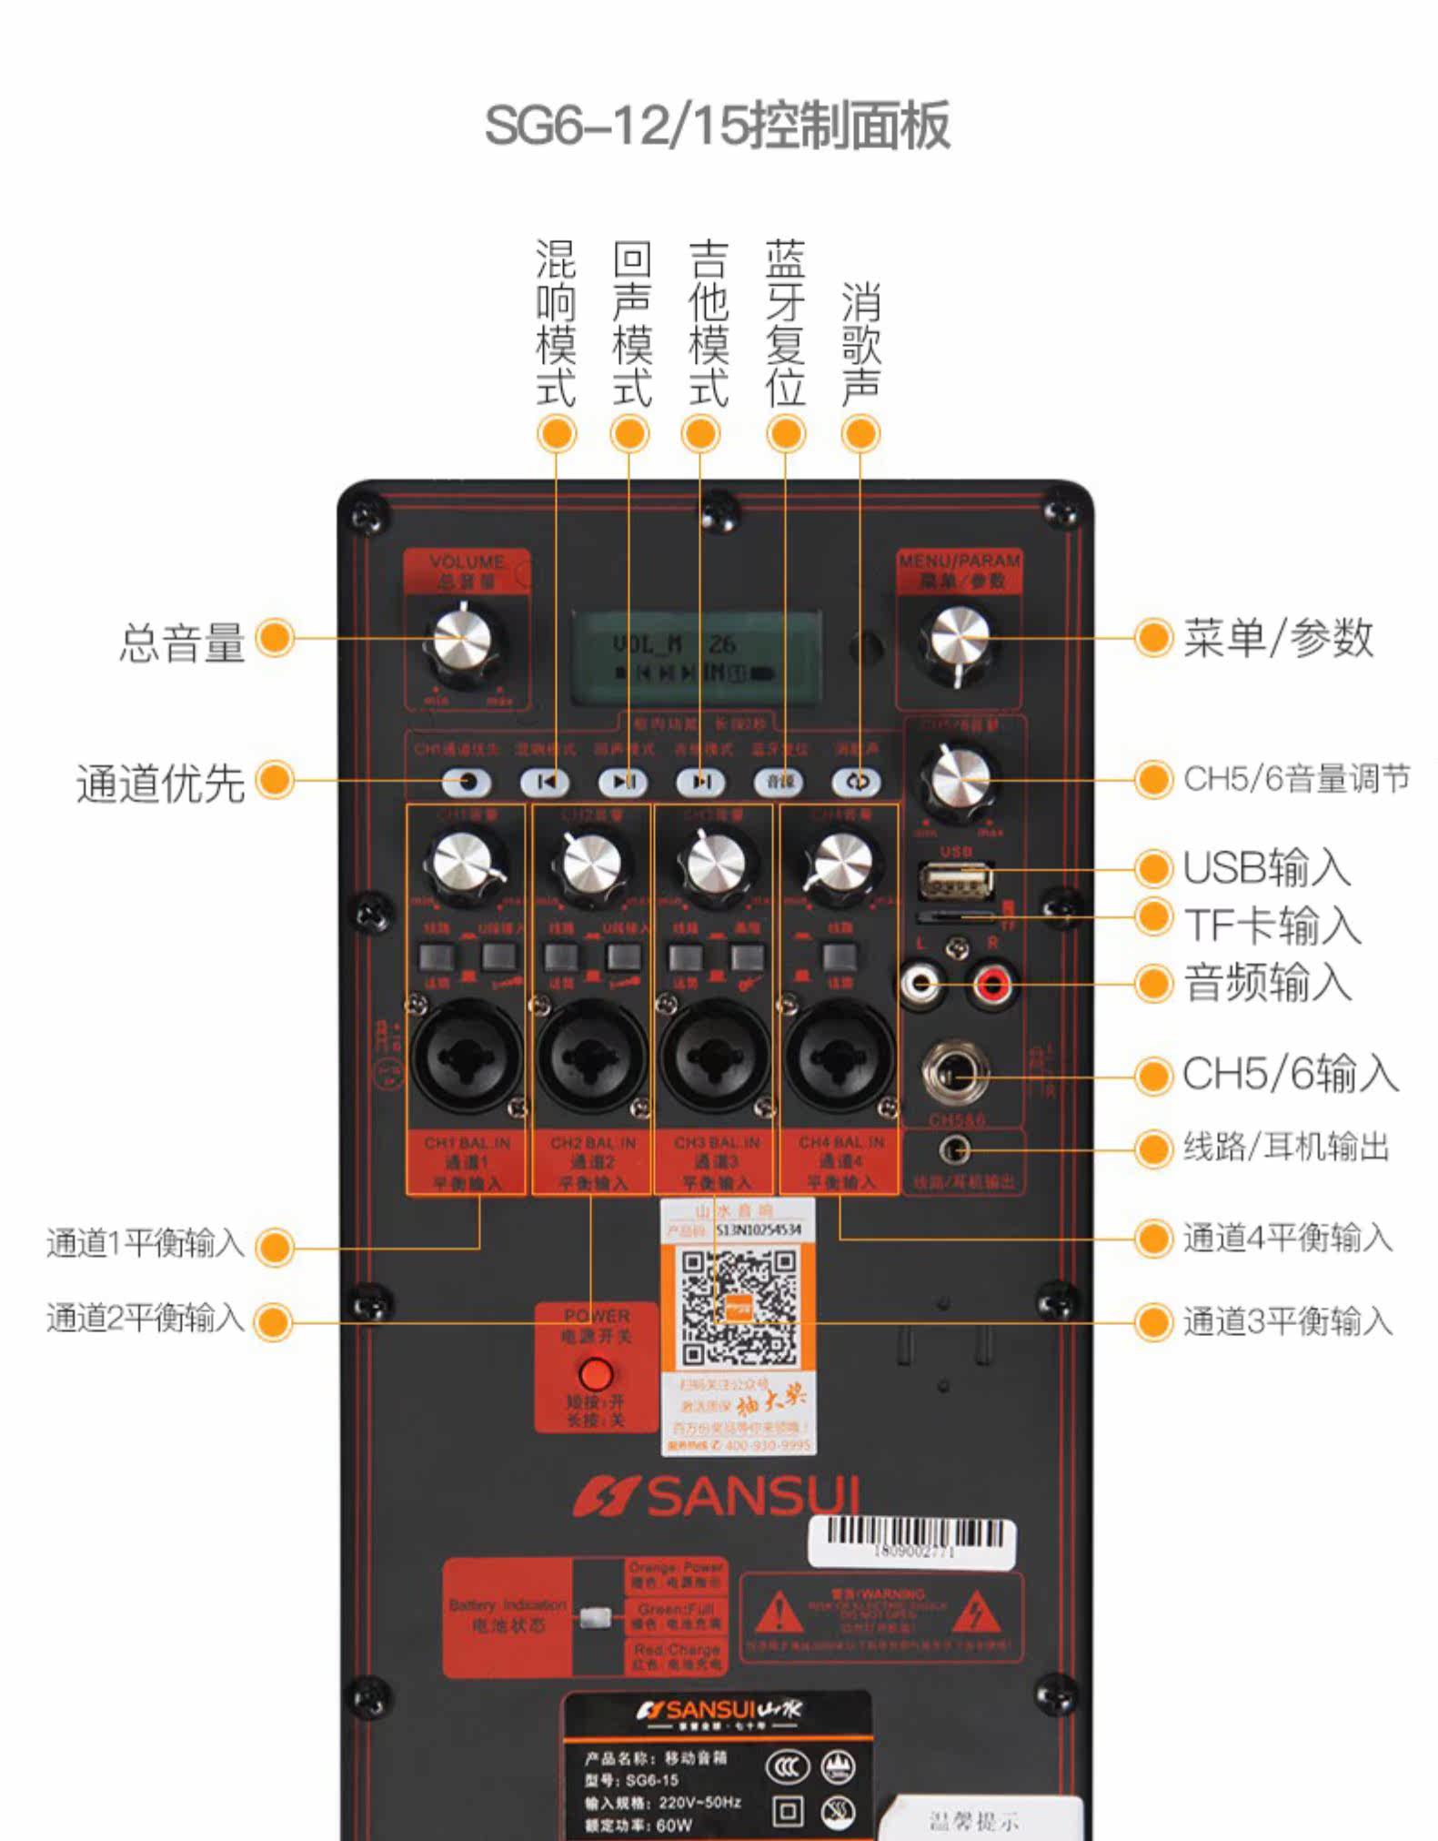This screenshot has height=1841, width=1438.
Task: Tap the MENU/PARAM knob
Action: click(x=959, y=638)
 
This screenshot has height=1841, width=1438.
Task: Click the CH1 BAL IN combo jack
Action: click(x=465, y=1057)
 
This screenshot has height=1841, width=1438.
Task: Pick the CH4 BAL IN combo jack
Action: click(x=839, y=1057)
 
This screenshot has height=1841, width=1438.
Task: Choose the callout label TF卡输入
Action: click(x=1272, y=925)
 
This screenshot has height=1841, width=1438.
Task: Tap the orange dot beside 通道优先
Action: click(x=275, y=780)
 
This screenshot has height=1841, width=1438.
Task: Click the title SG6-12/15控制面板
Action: click(x=717, y=125)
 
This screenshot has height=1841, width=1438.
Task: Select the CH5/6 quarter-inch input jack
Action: click(x=955, y=1073)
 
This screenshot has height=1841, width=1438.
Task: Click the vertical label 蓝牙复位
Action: click(x=785, y=323)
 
